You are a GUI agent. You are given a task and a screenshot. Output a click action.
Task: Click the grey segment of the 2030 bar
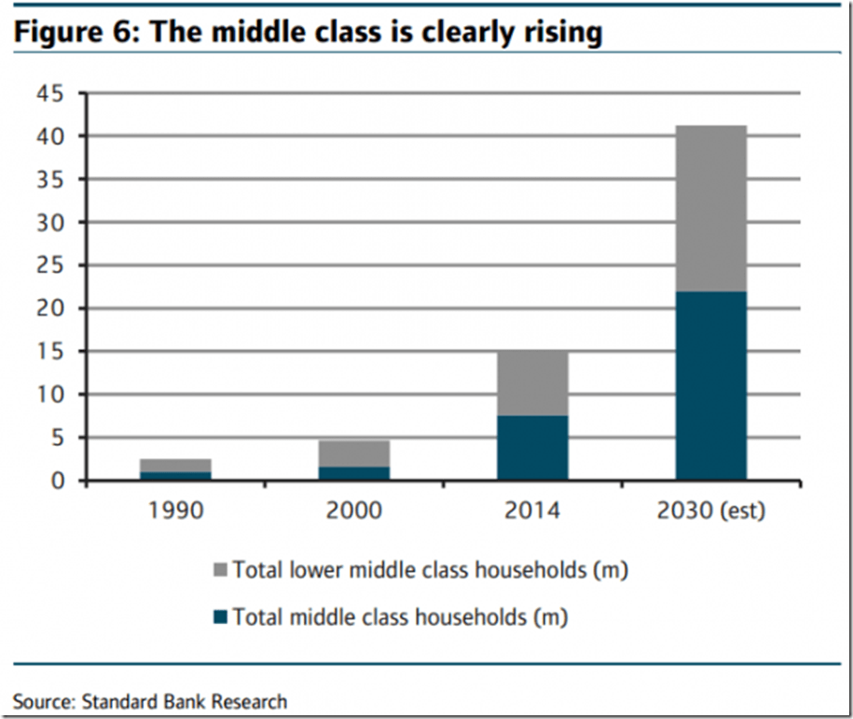[710, 209]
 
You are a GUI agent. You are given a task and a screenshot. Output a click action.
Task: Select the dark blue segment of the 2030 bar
[710, 386]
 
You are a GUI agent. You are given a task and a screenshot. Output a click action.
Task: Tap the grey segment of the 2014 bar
[532, 384]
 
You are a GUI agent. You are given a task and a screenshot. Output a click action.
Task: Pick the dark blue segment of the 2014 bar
[532, 448]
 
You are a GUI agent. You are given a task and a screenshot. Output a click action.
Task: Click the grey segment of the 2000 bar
[354, 454]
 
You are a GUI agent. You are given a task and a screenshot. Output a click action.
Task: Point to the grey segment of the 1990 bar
[176, 465]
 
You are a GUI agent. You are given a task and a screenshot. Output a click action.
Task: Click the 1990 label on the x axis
[176, 510]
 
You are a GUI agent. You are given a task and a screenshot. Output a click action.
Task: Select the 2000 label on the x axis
[354, 510]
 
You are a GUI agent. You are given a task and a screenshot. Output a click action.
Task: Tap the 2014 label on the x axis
[532, 510]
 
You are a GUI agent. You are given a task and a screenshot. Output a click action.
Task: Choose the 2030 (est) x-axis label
[710, 511]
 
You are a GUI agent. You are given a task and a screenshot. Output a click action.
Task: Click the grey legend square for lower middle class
[220, 570]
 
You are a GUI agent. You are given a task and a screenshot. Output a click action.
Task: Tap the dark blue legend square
[220, 617]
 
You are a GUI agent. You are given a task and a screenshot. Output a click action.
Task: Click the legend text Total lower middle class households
[429, 570]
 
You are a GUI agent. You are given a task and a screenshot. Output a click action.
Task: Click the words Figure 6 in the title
[73, 32]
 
